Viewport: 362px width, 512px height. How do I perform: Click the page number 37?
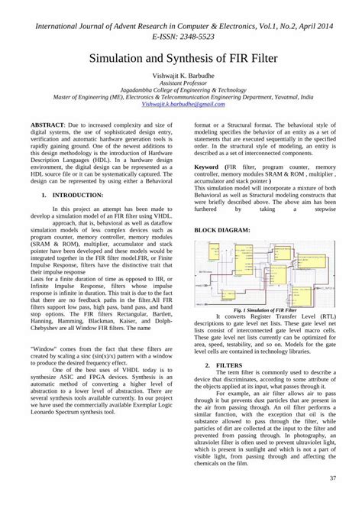pyautogui.click(x=333, y=479)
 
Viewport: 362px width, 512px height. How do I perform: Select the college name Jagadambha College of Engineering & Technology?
pyautogui.click(x=180, y=92)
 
